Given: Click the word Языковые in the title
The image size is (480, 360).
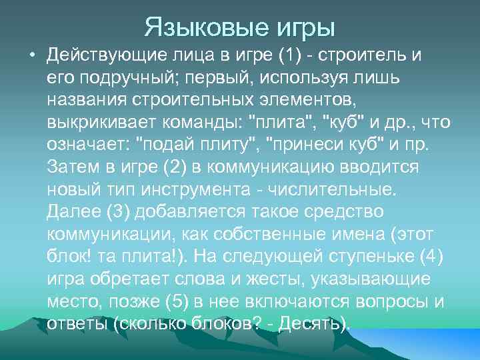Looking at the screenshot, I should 197,27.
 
